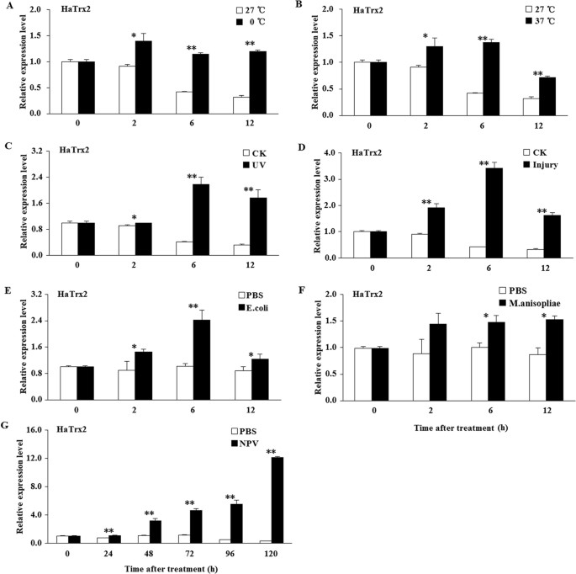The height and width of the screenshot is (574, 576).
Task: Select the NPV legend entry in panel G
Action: [246, 443]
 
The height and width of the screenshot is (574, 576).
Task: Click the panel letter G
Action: [8, 419]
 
